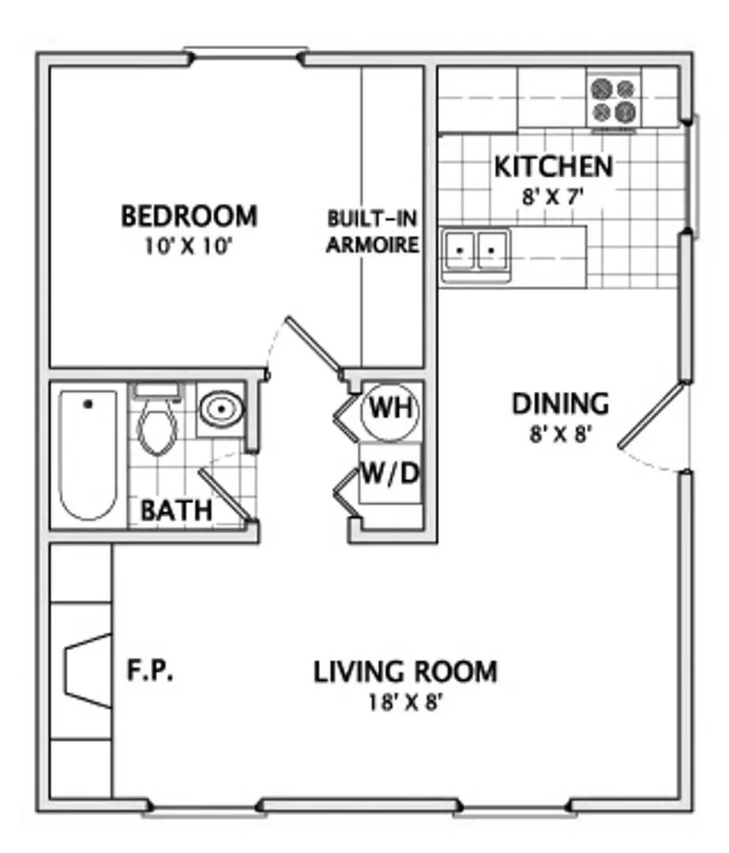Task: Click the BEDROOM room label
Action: click(189, 216)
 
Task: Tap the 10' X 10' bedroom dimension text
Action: click(188, 246)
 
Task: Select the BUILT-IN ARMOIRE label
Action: click(373, 231)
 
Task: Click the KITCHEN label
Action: click(554, 167)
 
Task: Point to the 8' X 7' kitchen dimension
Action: click(553, 197)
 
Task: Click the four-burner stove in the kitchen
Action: click(614, 100)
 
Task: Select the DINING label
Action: click(560, 404)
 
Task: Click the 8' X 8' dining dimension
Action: click(560, 434)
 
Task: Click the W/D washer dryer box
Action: click(391, 474)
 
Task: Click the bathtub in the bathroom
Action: click(88, 455)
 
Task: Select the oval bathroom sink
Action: click(221, 408)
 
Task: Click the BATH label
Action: click(176, 511)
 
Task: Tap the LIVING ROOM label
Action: click(405, 672)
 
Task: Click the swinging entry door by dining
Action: click(651, 415)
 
